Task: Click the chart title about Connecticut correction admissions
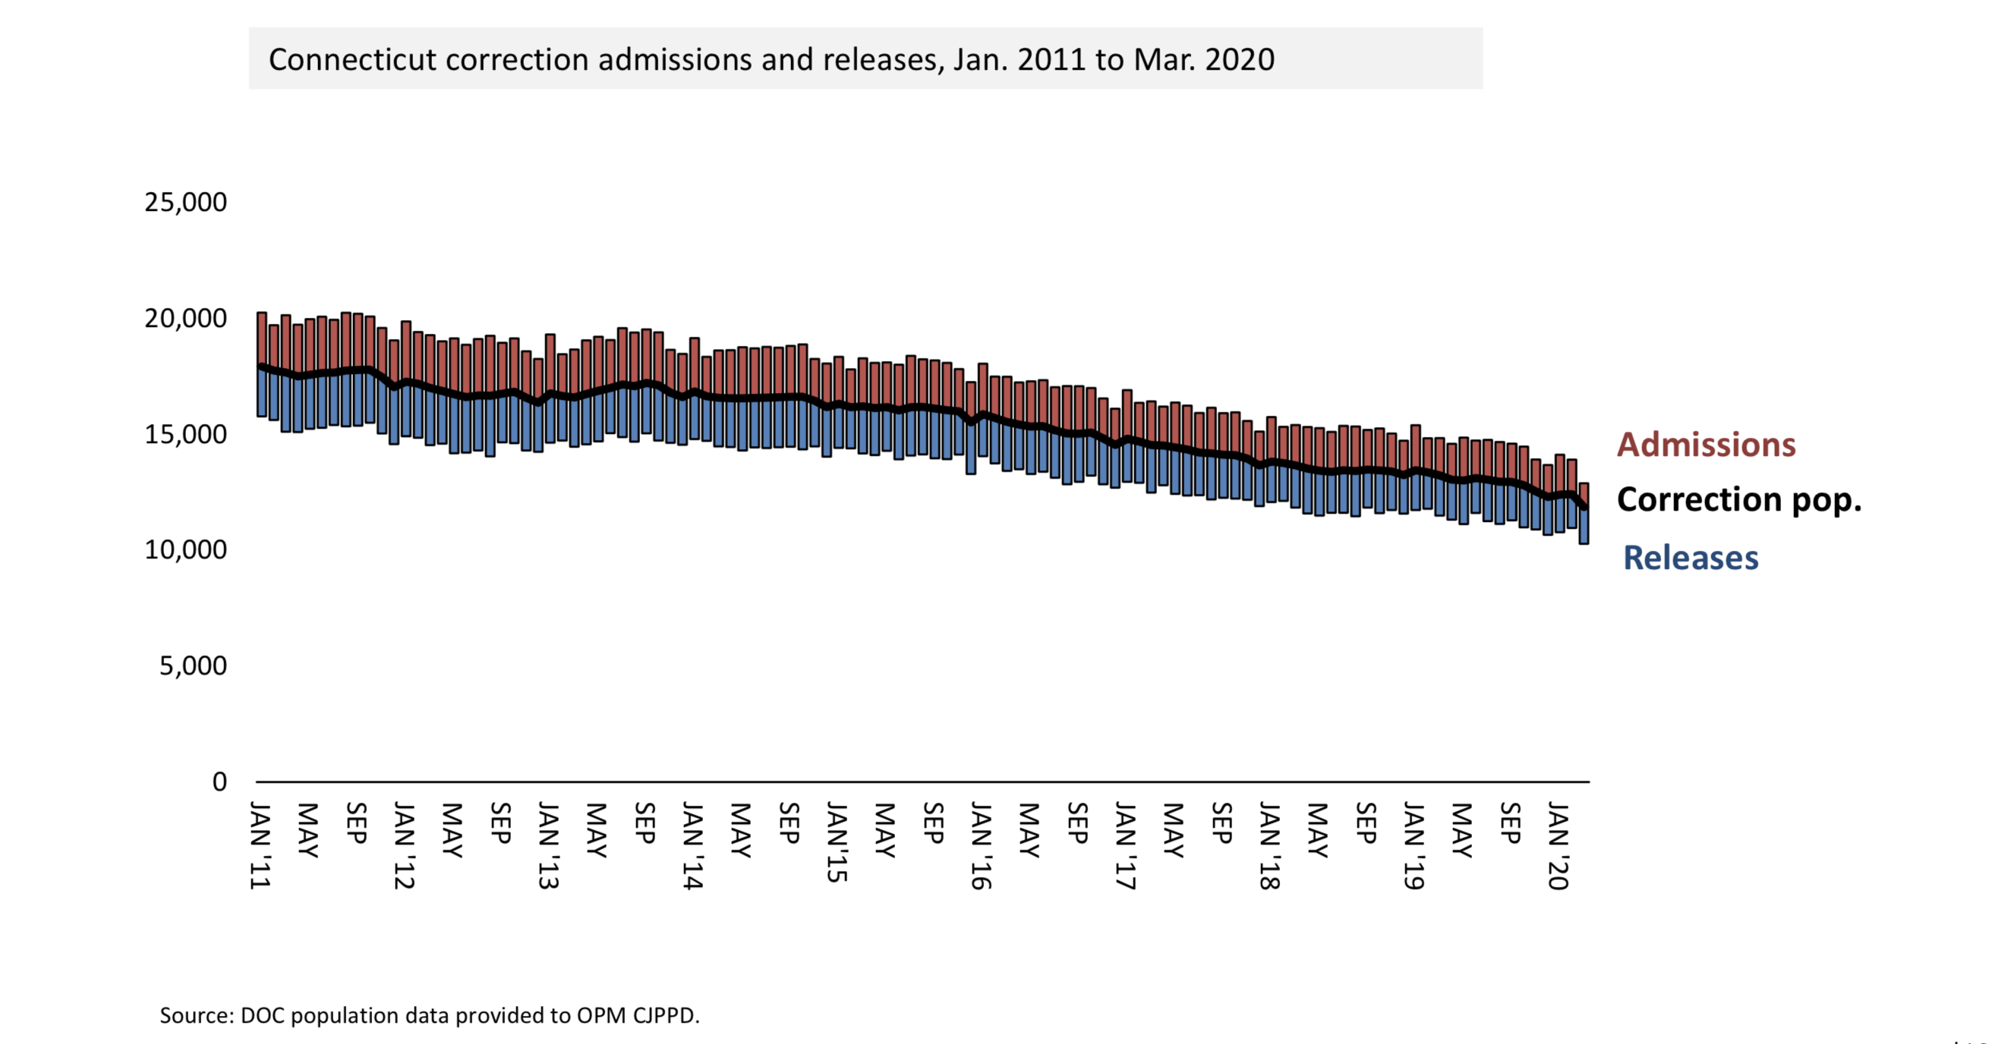771,59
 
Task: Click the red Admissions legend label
1706,445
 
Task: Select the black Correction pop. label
1738,499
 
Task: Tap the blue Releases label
1690,557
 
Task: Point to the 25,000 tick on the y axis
185,202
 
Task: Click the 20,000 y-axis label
185,318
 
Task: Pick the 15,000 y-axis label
185,435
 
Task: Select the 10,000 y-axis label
185,550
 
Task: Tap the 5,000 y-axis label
193,666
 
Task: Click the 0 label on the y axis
219,781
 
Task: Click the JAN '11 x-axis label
261,845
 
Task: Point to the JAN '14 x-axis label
693,845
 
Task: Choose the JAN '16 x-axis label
981,845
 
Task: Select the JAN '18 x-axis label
1269,845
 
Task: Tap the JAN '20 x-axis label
1558,845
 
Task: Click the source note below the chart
429,1014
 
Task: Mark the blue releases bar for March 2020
1584,527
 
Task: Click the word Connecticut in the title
352,59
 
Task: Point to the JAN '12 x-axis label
405,845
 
